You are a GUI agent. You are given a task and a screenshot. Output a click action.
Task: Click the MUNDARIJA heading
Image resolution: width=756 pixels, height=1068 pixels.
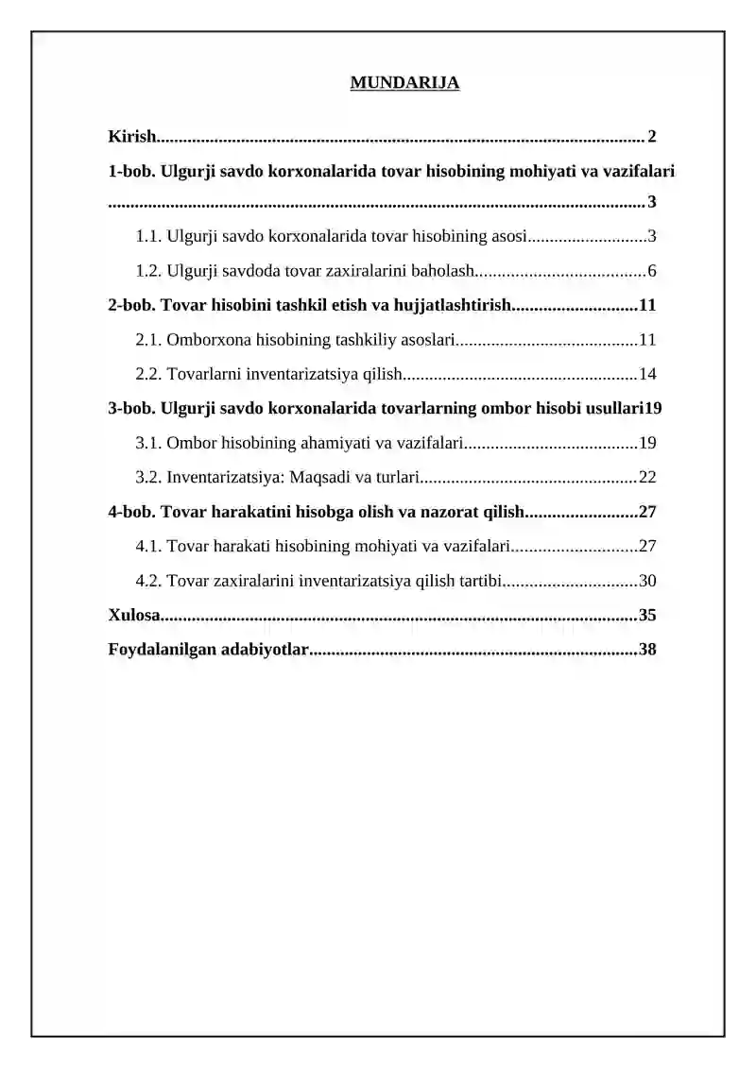coord(404,83)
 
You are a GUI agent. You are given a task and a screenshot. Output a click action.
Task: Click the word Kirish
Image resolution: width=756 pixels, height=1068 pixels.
coord(131,137)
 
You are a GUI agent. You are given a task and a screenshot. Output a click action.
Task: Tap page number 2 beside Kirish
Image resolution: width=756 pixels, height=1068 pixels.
coord(652,137)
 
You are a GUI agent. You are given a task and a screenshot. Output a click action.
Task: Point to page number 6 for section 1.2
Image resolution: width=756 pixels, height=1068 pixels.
coord(652,272)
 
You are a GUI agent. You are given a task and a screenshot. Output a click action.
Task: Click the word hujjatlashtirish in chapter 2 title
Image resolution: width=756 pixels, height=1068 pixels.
coord(450,305)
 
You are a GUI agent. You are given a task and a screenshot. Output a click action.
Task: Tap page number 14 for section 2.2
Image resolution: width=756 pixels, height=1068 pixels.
coord(647,374)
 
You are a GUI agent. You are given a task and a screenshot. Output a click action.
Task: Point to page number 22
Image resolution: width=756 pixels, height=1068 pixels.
coord(647,477)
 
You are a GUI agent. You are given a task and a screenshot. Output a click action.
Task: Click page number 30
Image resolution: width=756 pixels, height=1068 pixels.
coord(647,581)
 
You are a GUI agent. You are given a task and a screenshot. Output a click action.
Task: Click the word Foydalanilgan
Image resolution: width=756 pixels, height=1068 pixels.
coord(157,650)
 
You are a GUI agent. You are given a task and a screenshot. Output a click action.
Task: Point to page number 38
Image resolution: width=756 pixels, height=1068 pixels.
coord(647,650)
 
